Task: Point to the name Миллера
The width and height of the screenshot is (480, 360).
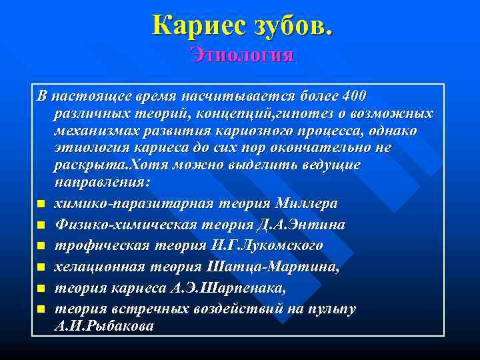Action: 304,203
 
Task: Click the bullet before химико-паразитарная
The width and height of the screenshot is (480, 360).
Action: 41,203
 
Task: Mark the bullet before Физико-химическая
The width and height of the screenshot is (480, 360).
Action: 41,225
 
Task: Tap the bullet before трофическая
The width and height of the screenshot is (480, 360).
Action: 41,246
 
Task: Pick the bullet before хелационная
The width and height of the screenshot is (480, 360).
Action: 41,267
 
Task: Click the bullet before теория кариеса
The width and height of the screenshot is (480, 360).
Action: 41,289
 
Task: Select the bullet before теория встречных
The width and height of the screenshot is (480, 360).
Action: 41,310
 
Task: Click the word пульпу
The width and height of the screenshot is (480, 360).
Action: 331,309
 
